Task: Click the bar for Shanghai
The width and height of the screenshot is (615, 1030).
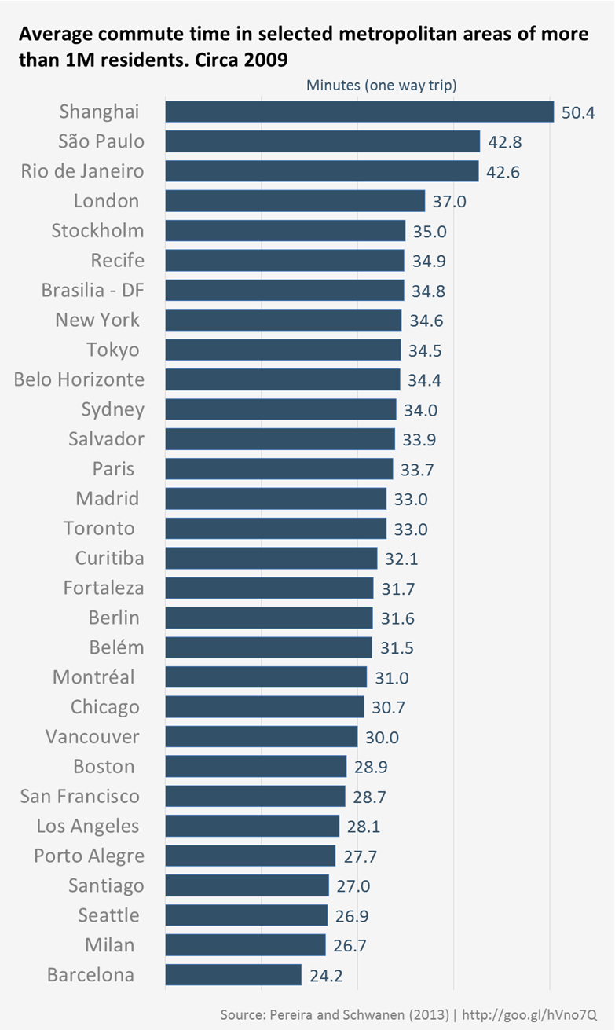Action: [360, 112]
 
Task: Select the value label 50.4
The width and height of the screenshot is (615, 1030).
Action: [578, 112]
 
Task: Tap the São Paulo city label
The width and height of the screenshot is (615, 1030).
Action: [101, 141]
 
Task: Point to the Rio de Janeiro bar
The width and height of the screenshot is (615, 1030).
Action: [322, 171]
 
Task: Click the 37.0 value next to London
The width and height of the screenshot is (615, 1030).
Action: [450, 201]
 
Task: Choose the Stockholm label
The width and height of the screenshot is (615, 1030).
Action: [98, 231]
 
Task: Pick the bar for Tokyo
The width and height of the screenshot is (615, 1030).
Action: [283, 350]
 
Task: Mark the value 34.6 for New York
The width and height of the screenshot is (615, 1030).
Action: [426, 321]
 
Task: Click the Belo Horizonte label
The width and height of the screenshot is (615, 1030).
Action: [79, 379]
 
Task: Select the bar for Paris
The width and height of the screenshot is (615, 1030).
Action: [279, 469]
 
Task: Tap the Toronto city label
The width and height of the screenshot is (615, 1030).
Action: [101, 529]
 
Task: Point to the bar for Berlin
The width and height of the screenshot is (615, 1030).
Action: [269, 618]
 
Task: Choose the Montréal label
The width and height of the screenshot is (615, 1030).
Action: [93, 676]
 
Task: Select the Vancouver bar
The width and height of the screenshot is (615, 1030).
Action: [262, 736]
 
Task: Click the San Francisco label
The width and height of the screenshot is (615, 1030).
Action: [80, 796]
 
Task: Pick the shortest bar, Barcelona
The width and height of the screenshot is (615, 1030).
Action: [233, 975]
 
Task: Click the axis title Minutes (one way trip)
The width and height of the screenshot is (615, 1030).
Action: [382, 85]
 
